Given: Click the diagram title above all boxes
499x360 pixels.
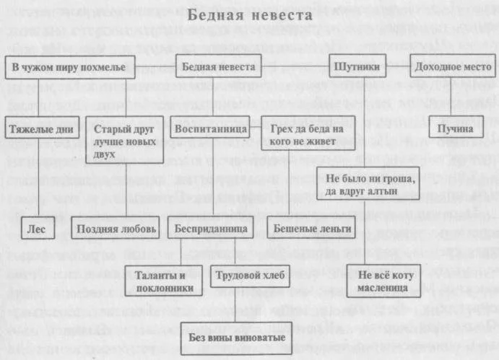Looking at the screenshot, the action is point(250,15).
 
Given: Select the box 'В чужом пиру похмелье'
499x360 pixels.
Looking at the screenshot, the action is point(70,67).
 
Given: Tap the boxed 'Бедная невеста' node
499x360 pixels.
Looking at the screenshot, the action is point(219,66).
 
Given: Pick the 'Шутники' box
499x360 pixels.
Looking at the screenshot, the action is point(357,66).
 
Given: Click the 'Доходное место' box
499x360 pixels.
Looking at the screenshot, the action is point(453,66).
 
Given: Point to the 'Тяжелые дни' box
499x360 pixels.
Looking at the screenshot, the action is point(42,128).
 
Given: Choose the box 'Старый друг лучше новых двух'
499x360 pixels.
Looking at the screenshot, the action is point(124,140).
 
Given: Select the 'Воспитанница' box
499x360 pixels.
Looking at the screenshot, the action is point(210,127).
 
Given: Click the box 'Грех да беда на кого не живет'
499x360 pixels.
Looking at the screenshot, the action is point(308,133).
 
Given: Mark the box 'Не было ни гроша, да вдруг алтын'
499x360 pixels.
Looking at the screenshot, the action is point(368,183).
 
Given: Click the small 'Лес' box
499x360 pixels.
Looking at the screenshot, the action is point(38,228).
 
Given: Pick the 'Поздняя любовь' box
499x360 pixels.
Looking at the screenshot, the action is point(116,228).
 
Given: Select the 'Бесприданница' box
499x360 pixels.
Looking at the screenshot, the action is point(210,227).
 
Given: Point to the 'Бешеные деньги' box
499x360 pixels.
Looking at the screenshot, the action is point(311,227).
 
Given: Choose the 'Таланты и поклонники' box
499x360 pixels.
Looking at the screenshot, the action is point(164,281).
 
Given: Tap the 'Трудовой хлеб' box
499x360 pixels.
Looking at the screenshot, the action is point(250,276).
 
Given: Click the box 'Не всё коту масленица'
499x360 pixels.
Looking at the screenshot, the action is point(383,281).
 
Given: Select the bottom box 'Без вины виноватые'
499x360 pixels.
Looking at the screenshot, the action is point(236,338).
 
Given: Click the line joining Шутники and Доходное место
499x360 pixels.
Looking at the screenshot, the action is point(398,66).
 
